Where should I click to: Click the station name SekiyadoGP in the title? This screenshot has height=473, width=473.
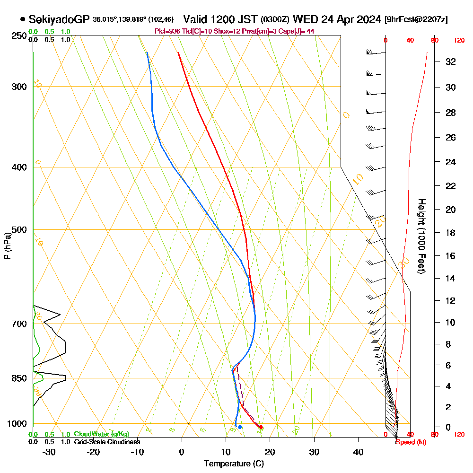tap(59, 19)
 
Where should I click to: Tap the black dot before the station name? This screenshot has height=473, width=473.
tap(23, 19)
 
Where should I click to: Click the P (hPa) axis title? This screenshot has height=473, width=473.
tap(7, 245)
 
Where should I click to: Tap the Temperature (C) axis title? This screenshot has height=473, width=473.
tap(234, 464)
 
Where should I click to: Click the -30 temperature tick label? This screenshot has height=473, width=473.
tap(49, 452)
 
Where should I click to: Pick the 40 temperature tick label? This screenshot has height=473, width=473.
tap(359, 452)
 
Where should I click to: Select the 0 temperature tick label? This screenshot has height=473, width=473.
tap(182, 452)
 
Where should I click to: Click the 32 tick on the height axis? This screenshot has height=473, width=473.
tap(450, 61)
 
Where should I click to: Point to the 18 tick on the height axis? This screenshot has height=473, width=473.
tap(450, 233)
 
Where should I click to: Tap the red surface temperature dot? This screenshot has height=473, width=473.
tap(261, 427)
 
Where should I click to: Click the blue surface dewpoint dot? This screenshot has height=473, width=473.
tap(240, 427)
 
